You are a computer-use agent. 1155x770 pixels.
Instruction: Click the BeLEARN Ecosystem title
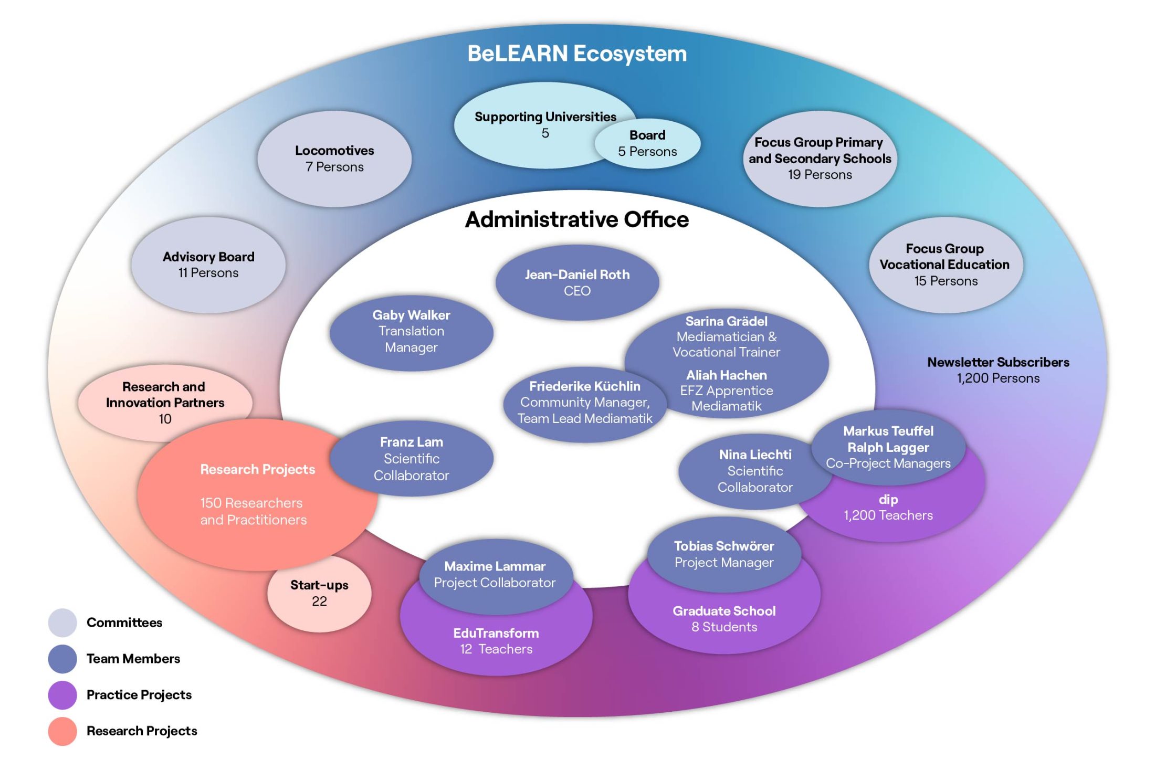[x=577, y=54]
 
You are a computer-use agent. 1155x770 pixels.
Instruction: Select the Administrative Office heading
[x=577, y=219]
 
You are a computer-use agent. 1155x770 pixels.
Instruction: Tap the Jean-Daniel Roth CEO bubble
[x=577, y=282]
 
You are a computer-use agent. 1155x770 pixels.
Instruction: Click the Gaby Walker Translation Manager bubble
[x=411, y=332]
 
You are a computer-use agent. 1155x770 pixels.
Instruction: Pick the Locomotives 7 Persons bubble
[x=334, y=159]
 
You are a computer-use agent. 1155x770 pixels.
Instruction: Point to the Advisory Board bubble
[x=208, y=265]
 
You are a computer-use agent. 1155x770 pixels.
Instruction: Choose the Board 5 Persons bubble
[x=648, y=143]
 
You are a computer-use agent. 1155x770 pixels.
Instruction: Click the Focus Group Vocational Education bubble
[x=945, y=265]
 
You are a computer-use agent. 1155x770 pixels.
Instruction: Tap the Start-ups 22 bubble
[x=319, y=594]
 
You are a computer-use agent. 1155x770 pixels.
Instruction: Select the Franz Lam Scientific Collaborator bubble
[x=412, y=458]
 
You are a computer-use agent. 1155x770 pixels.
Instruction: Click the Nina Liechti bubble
[x=755, y=471]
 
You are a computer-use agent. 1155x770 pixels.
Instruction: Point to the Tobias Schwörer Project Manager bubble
[x=724, y=554]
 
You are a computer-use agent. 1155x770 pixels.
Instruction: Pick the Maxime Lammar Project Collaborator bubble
[x=495, y=574]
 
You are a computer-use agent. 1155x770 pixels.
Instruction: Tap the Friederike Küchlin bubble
[x=585, y=403]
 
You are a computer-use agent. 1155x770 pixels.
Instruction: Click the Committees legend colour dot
[x=62, y=623]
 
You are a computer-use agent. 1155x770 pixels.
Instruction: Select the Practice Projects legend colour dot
[x=62, y=695]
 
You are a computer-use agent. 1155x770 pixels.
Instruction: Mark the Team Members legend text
[x=133, y=659]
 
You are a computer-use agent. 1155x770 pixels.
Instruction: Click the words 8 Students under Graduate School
[x=724, y=627]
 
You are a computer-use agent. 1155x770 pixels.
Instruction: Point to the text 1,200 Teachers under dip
[x=888, y=515]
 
